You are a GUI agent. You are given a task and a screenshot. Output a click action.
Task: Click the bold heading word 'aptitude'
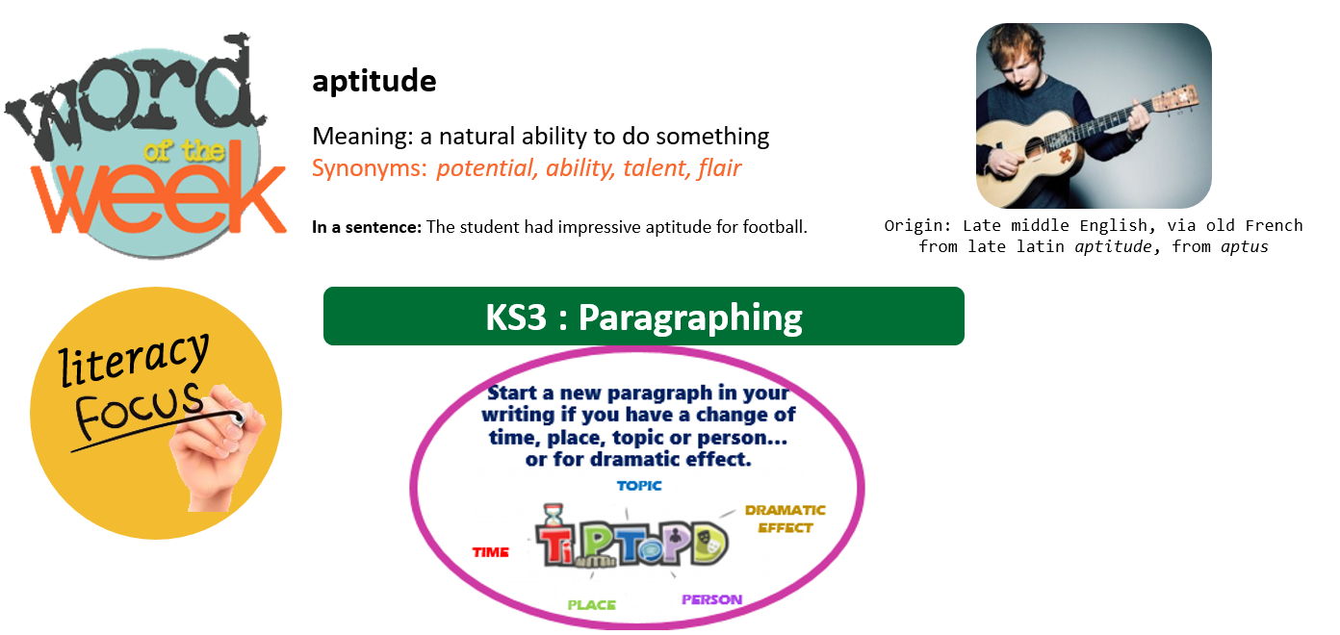click(x=374, y=81)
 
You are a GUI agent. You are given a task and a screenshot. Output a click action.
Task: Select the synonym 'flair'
click(x=719, y=168)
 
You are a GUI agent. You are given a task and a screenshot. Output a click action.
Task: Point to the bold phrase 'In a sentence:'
click(x=367, y=227)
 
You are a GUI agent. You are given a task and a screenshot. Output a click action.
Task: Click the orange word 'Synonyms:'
click(x=369, y=168)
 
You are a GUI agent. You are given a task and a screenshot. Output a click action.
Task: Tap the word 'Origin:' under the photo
click(x=917, y=226)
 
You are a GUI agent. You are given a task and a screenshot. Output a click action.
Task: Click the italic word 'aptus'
click(x=1244, y=247)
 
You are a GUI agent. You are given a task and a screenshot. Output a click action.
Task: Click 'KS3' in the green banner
click(x=516, y=317)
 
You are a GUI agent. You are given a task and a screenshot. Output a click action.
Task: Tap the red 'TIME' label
click(x=491, y=552)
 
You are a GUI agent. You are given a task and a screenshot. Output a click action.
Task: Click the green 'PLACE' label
click(x=592, y=605)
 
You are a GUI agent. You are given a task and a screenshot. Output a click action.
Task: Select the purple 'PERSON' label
click(x=712, y=599)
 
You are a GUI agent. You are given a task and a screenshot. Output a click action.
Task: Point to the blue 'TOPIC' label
click(x=639, y=486)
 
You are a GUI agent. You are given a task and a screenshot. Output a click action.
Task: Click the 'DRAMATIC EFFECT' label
click(x=786, y=519)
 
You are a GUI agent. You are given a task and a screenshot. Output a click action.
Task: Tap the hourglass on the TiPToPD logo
click(x=554, y=514)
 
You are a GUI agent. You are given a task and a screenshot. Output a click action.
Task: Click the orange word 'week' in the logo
click(x=159, y=190)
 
